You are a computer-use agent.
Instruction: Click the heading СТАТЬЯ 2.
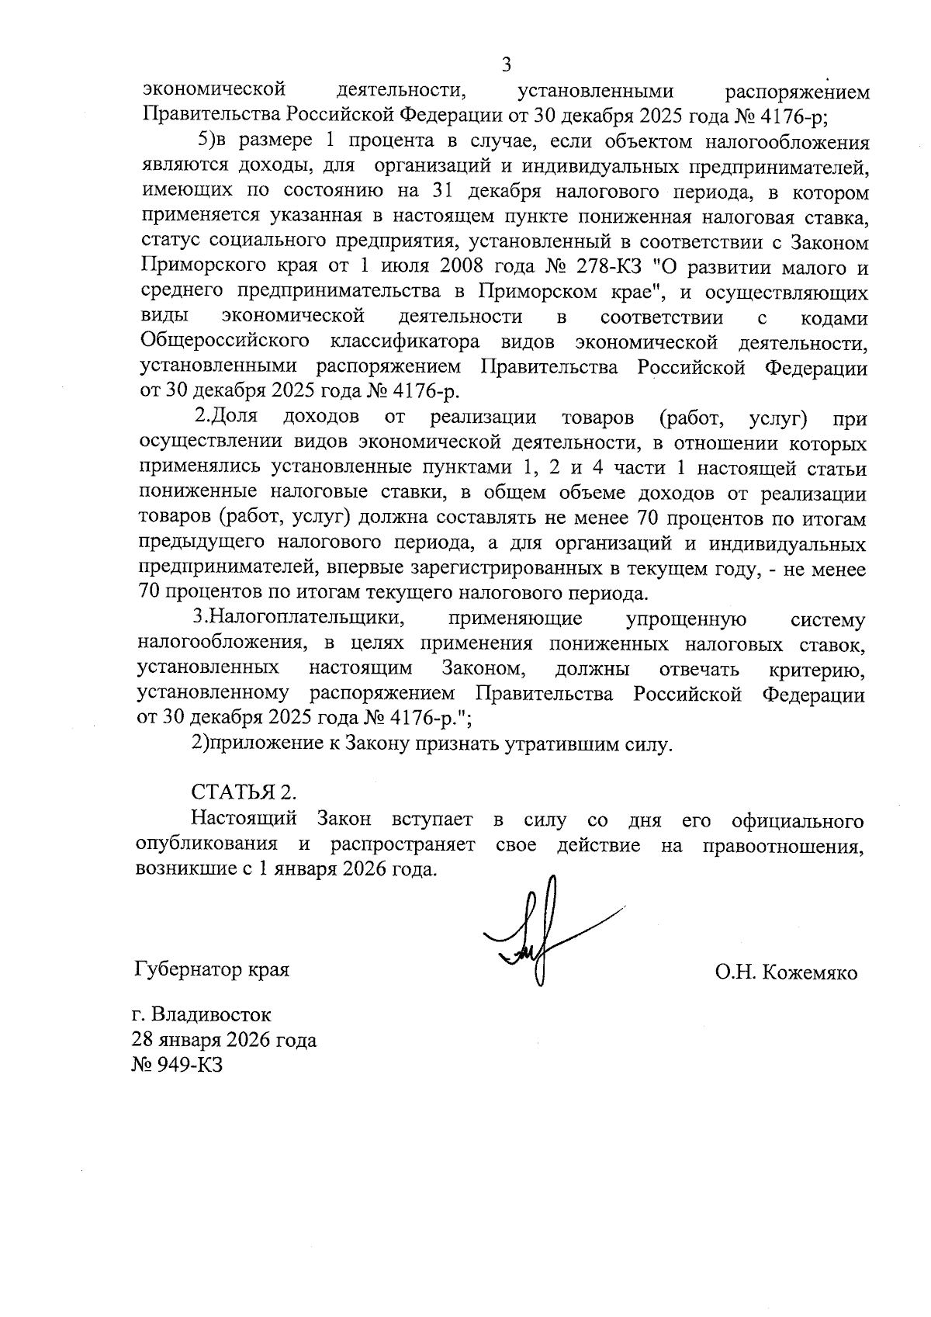pyautogui.click(x=244, y=793)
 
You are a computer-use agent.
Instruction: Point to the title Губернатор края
pyautogui.click(x=212, y=969)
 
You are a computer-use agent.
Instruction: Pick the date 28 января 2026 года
pyautogui.click(x=225, y=1040)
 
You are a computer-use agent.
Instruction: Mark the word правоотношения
pyautogui.click(x=783, y=844)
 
